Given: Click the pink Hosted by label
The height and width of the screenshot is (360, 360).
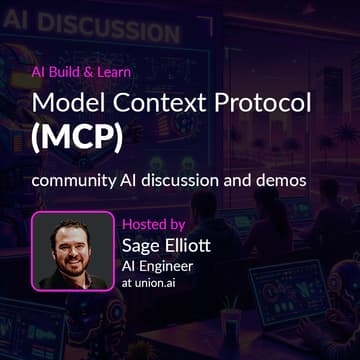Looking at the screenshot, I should [x=152, y=224].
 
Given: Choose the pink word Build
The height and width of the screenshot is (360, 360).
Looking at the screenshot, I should [x=68, y=72].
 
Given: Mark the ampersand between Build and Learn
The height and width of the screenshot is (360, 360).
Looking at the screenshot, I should [x=90, y=72].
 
